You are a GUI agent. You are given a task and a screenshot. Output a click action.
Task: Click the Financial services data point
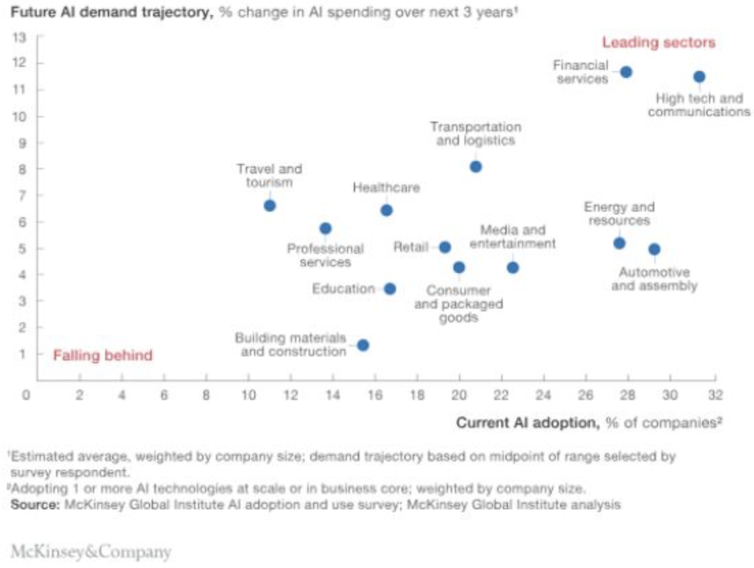coord(626,72)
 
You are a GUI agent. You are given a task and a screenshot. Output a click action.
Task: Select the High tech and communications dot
coord(699,76)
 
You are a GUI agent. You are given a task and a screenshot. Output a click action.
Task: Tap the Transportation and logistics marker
coord(475,167)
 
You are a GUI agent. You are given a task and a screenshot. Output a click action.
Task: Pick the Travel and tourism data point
coord(270,205)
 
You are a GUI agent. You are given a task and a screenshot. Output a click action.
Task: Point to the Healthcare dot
coord(386,210)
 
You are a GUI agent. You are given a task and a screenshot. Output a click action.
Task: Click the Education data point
coord(389,289)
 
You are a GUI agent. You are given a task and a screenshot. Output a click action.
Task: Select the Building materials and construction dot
coord(363,345)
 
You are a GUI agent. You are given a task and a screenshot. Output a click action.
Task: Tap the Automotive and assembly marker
coord(654,249)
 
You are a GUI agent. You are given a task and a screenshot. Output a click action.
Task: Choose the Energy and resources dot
coord(619,243)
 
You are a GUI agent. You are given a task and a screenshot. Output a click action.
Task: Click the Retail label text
coord(410,247)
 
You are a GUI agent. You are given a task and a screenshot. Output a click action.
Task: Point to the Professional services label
coord(325,255)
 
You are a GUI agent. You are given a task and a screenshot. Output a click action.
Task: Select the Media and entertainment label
coord(512,237)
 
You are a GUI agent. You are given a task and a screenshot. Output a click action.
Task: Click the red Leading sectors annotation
coord(658,43)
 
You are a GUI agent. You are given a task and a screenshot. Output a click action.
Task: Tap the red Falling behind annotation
coord(103,356)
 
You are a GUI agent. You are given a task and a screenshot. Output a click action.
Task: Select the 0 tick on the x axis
coord(26,395)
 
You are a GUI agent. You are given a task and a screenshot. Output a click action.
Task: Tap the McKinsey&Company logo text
coord(90,552)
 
